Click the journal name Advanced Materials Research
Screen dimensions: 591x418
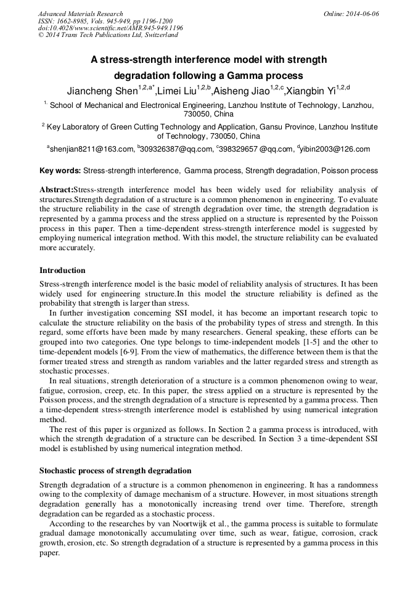point(80,14)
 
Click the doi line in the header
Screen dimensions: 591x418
point(110,28)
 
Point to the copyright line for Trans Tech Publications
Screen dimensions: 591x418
point(108,35)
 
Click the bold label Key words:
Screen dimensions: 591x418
point(60,170)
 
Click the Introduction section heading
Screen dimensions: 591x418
point(62,270)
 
